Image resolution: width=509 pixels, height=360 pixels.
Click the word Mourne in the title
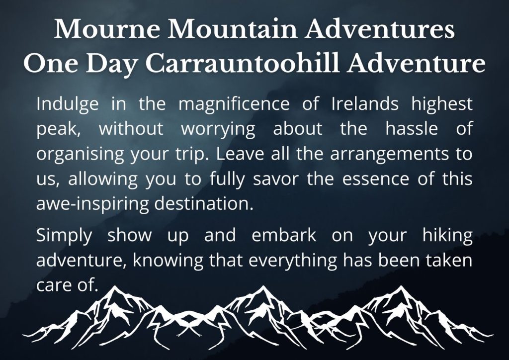(107, 29)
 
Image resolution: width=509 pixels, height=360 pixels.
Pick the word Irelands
(365, 104)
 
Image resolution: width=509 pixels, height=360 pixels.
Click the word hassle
(412, 128)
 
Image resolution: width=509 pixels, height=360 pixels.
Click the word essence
(376, 179)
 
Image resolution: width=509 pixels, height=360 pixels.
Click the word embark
(284, 235)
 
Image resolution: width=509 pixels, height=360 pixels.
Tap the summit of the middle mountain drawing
(263, 286)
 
